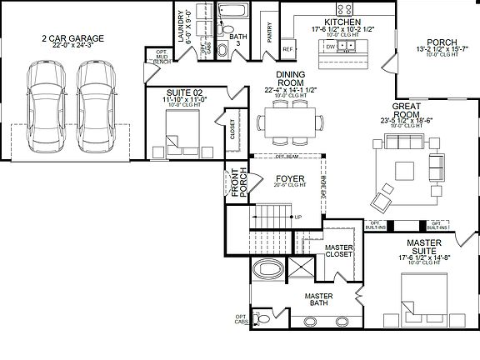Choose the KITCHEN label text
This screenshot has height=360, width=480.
coord(342,22)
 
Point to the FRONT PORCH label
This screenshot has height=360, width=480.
coord(237,182)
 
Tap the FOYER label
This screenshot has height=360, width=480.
coord(288,179)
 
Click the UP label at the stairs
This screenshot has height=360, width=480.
coord(297,217)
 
